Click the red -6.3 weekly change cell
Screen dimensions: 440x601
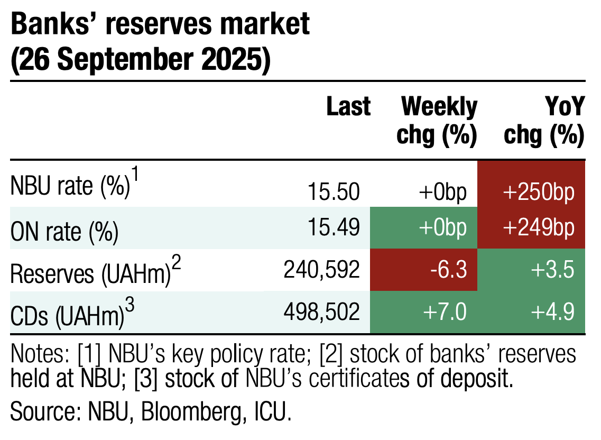pos(423,271)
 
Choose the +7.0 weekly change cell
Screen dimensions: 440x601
pos(423,313)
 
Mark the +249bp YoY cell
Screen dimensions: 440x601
pos(531,228)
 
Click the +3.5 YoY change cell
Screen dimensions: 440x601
pos(531,271)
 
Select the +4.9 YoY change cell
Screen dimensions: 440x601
pos(531,313)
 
